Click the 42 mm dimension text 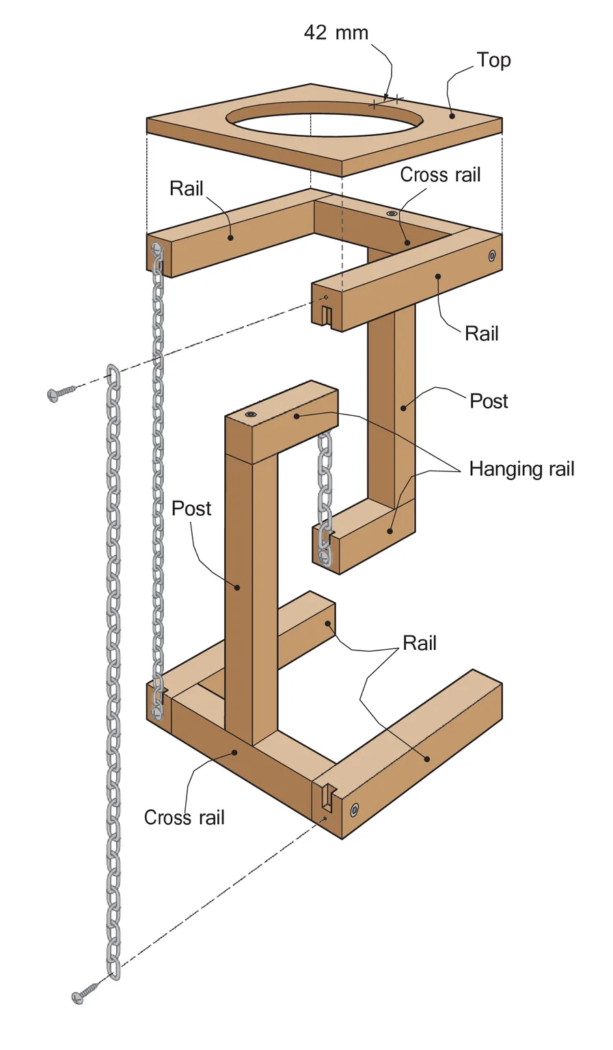pyautogui.click(x=336, y=33)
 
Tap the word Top pyautogui.click(x=493, y=60)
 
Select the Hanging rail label pyautogui.click(x=521, y=469)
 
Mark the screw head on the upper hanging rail pyautogui.click(x=250, y=415)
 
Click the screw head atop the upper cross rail pyautogui.click(x=392, y=214)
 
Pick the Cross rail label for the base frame pyautogui.click(x=184, y=817)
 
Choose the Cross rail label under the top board pyautogui.click(x=440, y=175)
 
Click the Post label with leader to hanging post pyautogui.click(x=489, y=401)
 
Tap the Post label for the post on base pyautogui.click(x=191, y=508)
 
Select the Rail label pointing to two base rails pyautogui.click(x=419, y=643)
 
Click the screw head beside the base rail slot pyautogui.click(x=354, y=811)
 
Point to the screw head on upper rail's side pyautogui.click(x=491, y=256)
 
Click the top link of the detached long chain pyautogui.click(x=112, y=376)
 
